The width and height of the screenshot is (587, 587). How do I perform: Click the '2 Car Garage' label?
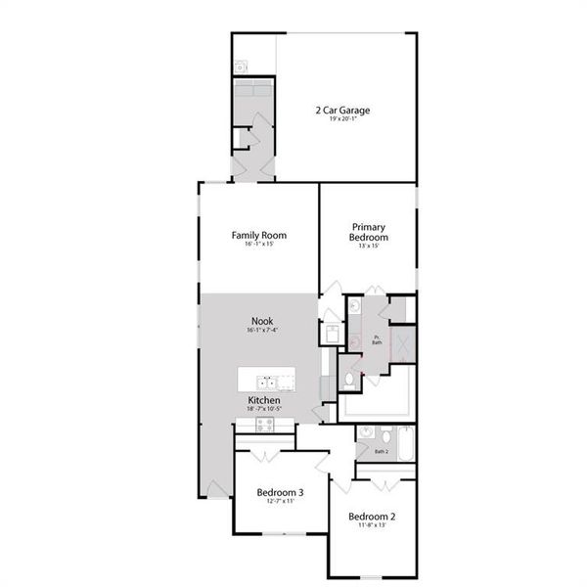coord(342,110)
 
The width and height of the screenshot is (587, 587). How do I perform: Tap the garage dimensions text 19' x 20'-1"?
coord(342,120)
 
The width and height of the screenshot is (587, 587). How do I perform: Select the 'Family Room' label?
coord(258,235)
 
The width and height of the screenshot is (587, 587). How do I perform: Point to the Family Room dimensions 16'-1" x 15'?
coord(258,245)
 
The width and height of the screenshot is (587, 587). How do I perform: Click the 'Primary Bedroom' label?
coord(369,232)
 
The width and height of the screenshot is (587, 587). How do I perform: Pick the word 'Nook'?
coord(261,321)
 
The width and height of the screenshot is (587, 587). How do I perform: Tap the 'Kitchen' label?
coord(264,401)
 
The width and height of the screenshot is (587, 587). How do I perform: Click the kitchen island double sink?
coord(267,382)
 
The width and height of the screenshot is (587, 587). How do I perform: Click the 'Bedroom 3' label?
coord(280,492)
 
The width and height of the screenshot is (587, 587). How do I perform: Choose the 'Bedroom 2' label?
coord(372,516)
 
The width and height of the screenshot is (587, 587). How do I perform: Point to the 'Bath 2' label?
coord(382,452)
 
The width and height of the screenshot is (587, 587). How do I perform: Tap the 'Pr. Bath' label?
coord(377,340)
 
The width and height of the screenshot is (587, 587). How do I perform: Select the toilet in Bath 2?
coord(387,434)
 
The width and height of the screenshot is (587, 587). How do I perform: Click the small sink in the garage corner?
coord(240,67)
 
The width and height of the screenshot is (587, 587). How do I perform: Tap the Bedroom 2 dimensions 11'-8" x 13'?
coord(372,525)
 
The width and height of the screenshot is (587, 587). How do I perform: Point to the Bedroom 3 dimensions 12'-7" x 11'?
coord(280,501)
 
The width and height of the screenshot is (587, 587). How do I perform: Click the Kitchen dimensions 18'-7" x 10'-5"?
coord(264,410)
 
